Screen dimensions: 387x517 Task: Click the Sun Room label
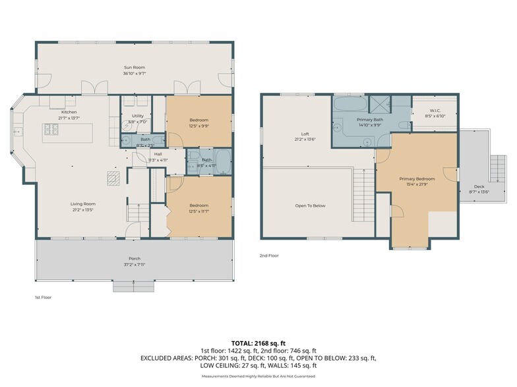(x=134, y=67)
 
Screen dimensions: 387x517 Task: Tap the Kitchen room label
(x=69, y=113)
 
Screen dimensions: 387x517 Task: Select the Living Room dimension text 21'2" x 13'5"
(x=83, y=210)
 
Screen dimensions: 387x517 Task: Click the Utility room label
(x=137, y=116)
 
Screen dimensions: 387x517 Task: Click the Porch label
(x=134, y=258)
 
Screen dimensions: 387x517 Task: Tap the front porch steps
(x=134, y=286)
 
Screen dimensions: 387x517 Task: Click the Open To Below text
(x=310, y=205)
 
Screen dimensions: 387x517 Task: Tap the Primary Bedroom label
(x=417, y=178)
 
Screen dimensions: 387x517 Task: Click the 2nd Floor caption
(x=268, y=254)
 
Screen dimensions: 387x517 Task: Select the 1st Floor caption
(x=43, y=297)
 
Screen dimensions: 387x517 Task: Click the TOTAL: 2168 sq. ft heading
(x=258, y=343)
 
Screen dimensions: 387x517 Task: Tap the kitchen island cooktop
(x=51, y=128)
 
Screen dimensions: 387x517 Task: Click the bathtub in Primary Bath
(x=347, y=105)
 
